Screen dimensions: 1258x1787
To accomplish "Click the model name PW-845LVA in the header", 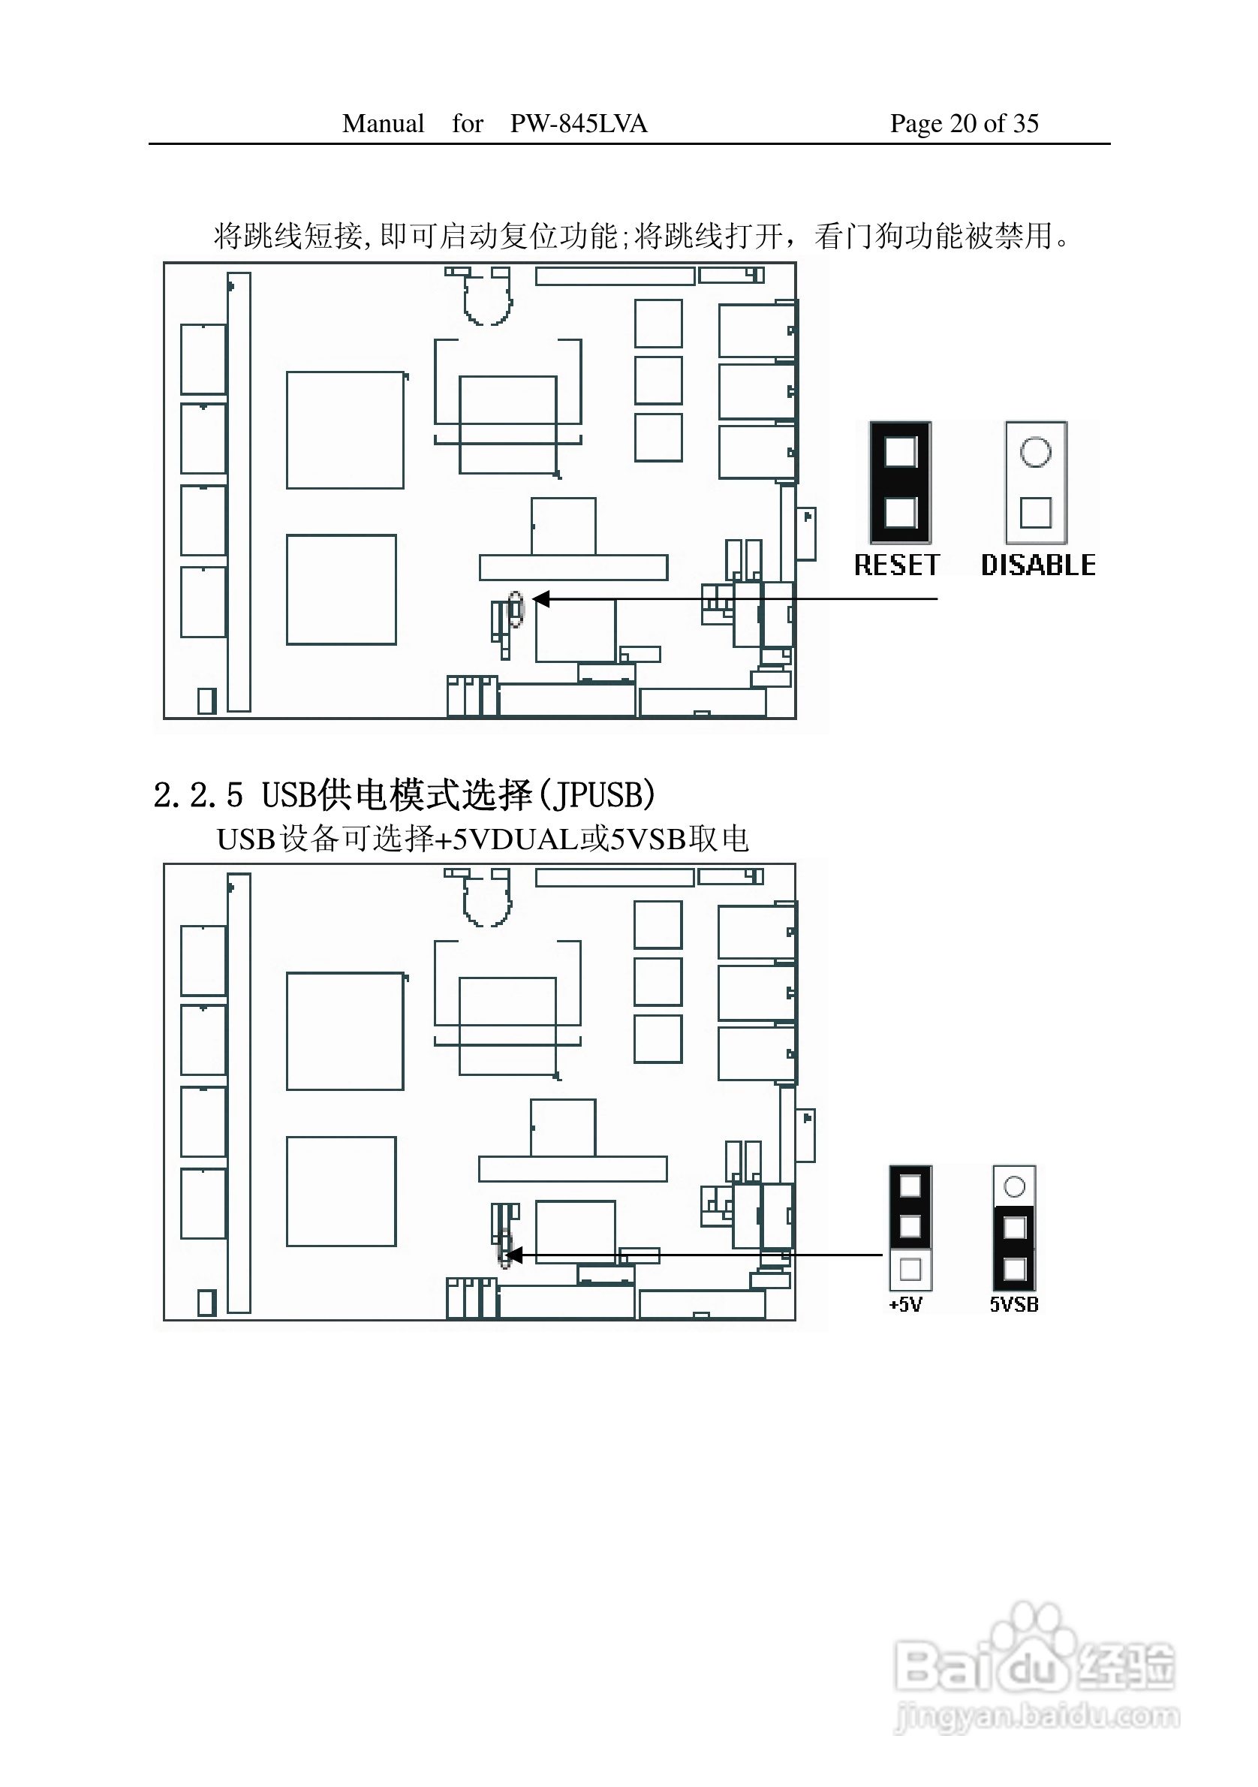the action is click(578, 123).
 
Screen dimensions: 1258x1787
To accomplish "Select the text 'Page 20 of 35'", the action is click(964, 123).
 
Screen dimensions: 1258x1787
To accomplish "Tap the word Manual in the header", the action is click(383, 123).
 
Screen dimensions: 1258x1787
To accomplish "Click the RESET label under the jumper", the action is click(897, 565).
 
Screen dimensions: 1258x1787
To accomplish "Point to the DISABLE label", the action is click(1038, 565).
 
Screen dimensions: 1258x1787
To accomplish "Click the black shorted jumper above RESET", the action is click(900, 483).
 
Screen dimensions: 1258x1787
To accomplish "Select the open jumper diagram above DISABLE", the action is click(1036, 483).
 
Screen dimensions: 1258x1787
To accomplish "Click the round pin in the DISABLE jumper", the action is click(1036, 451).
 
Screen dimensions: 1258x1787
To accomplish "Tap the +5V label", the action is click(905, 1305).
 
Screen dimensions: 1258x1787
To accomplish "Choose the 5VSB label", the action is click(1014, 1305).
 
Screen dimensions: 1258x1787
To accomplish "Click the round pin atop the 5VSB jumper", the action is click(1015, 1187).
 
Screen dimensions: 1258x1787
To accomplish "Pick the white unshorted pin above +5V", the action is click(910, 1270).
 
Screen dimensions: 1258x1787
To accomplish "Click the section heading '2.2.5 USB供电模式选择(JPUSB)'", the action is click(405, 794).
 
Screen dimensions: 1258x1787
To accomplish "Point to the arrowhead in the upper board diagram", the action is click(540, 598).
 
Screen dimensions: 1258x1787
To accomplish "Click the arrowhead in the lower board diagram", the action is click(513, 1255).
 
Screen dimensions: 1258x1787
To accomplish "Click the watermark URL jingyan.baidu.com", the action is click(1038, 1716).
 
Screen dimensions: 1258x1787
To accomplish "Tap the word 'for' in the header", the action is click(468, 123).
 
